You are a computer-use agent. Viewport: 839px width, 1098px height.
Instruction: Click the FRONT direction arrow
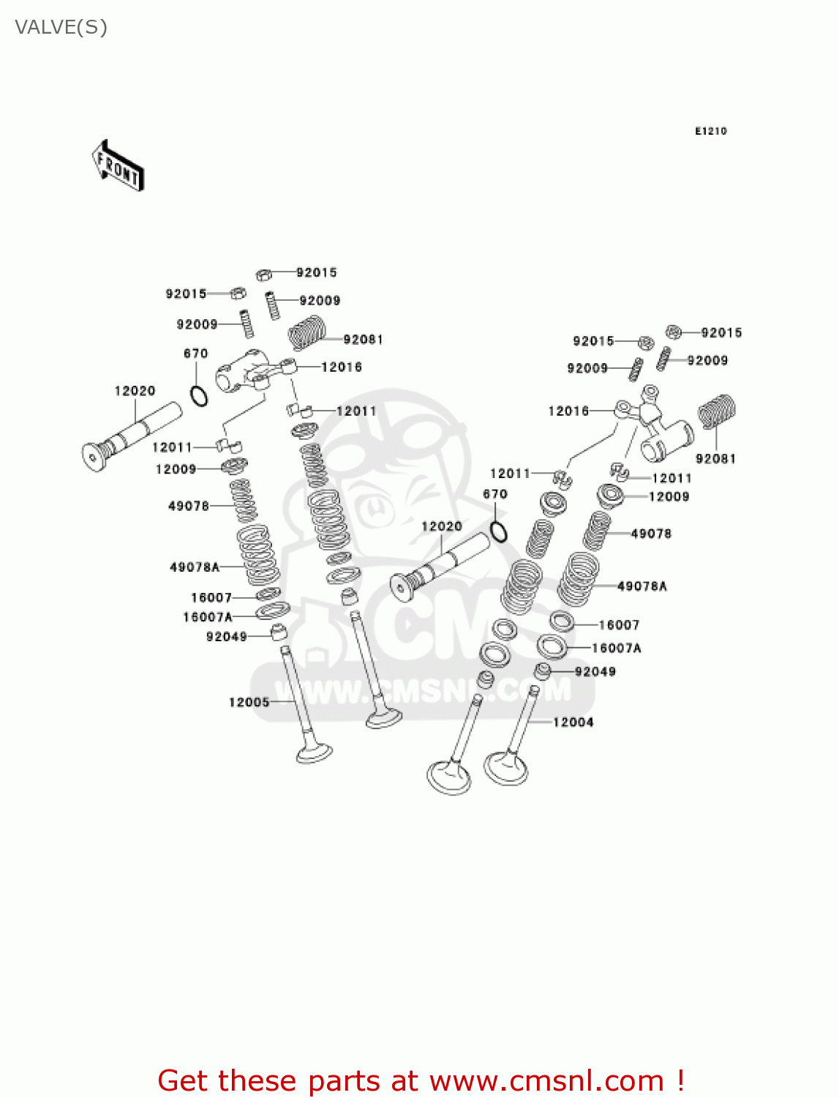(x=118, y=166)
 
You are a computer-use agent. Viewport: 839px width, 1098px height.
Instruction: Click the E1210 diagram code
(x=710, y=131)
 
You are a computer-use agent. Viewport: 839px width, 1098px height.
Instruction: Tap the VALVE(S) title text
(x=61, y=28)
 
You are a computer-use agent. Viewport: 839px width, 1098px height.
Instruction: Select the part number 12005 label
(x=249, y=703)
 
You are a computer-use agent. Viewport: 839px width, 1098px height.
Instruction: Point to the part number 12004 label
(x=573, y=722)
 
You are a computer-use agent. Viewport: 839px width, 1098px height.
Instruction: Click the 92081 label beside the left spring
(x=363, y=340)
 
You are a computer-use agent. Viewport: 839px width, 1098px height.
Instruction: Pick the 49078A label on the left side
(x=195, y=567)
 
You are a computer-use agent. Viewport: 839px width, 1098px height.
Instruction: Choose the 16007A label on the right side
(x=616, y=649)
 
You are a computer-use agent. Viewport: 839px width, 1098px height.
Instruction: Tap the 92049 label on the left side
(x=227, y=637)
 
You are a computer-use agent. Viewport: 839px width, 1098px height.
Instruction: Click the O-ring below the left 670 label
(x=198, y=395)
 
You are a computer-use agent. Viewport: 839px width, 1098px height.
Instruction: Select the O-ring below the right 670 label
(x=498, y=531)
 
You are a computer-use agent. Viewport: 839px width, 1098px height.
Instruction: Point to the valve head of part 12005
(x=315, y=753)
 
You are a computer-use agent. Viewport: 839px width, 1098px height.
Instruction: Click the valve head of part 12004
(x=506, y=768)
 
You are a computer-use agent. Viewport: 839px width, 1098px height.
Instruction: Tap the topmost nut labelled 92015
(x=264, y=274)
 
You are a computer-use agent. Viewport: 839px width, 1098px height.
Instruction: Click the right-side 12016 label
(x=568, y=411)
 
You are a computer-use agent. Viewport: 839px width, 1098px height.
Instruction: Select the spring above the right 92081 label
(x=716, y=411)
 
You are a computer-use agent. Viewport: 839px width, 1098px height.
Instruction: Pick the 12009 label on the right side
(x=669, y=497)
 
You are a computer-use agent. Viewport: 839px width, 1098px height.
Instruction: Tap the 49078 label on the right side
(x=651, y=534)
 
